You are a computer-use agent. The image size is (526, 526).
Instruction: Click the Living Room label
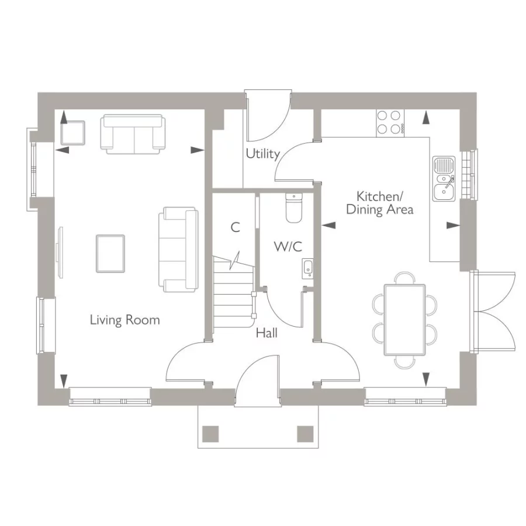coord(124,320)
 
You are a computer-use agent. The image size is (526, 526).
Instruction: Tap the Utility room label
coord(262,154)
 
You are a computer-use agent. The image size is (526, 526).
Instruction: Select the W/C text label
coord(288,247)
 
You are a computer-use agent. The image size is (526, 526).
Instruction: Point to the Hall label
coord(267,333)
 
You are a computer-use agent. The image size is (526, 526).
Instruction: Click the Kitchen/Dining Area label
coord(379,203)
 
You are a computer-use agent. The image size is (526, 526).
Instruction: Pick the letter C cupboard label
coord(235,228)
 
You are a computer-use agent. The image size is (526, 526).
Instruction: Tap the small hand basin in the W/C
coord(308,268)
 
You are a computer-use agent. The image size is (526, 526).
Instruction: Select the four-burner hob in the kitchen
coord(390,123)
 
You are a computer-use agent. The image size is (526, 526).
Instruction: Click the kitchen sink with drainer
coord(444,178)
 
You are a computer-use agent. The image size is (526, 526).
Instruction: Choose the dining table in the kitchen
coord(404,320)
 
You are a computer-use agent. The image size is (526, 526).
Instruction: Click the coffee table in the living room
coord(110,252)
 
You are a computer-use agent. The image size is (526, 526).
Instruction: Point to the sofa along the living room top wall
coord(132,133)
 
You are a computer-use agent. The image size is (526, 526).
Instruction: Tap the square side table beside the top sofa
coord(73,132)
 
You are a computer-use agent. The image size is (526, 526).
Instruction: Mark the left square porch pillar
coord(210,434)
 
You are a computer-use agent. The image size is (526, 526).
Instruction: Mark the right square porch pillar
coord(305,434)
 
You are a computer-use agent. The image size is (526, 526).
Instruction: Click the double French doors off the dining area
coord(494,311)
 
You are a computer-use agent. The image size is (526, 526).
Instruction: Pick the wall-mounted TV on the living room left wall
coord(58,251)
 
